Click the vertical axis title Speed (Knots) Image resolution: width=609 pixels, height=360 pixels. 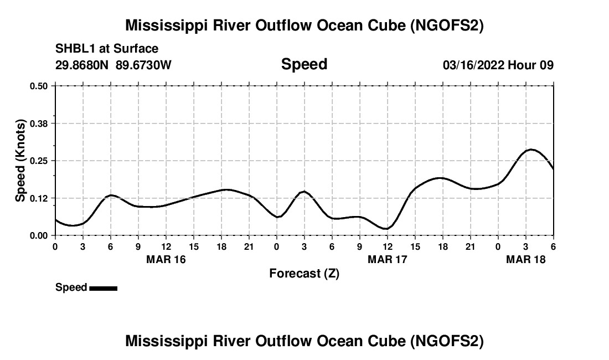pos(20,161)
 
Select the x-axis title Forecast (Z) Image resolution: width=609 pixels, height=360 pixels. pos(304,273)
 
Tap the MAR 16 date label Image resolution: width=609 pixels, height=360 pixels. pos(166,259)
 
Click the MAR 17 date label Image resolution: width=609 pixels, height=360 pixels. pos(388,259)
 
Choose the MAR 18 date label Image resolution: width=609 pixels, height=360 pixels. pos(526,259)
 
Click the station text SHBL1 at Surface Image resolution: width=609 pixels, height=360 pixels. pos(107,49)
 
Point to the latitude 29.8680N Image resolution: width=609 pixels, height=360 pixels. pos(83,65)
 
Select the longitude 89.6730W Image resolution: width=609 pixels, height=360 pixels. pos(144,65)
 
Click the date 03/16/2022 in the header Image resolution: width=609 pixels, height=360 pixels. pos(473,65)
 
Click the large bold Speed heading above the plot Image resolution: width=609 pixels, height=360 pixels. pos(304,64)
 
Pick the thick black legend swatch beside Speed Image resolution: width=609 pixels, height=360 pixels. pos(103,288)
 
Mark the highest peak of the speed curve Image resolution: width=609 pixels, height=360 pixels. pos(531,150)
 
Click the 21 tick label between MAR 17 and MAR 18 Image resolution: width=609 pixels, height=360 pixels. pos(471,246)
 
